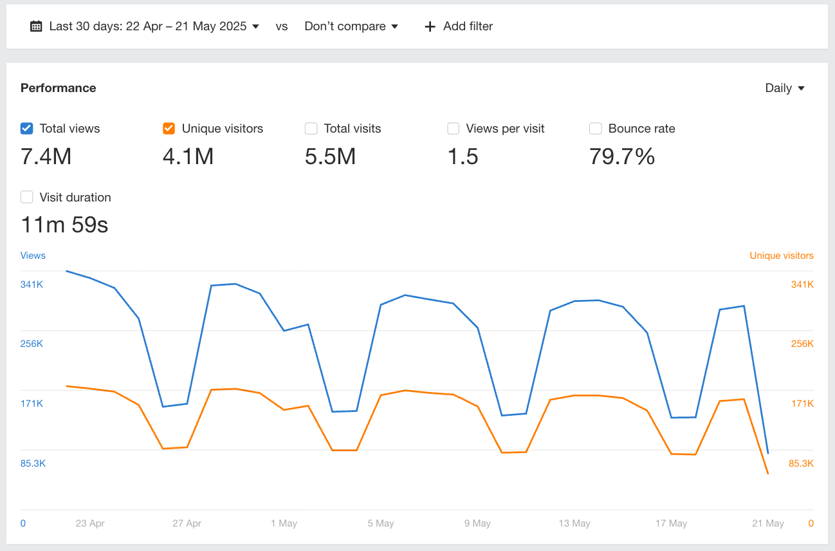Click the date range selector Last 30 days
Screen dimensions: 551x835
(145, 26)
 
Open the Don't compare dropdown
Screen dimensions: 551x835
(351, 26)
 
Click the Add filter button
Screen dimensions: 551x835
(459, 26)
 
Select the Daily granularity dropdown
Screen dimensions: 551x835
(785, 88)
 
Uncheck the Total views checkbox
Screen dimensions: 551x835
(26, 129)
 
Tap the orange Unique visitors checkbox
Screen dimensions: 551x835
(169, 129)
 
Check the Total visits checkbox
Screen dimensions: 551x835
(311, 129)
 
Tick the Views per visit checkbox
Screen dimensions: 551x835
(454, 129)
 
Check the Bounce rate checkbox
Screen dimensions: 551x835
(596, 129)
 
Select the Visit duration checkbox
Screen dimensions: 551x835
(26, 198)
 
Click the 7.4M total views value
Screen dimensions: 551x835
(46, 156)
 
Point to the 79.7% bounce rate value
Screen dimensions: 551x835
(621, 156)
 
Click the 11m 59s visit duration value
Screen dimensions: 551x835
(64, 225)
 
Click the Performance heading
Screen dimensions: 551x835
(59, 88)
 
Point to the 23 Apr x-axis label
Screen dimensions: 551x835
(90, 523)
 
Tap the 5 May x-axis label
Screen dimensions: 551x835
(381, 523)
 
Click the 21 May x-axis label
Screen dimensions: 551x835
(767, 523)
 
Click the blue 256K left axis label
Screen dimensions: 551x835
(32, 344)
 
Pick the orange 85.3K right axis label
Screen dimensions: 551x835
(801, 463)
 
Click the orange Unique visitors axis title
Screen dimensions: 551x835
(781, 256)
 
